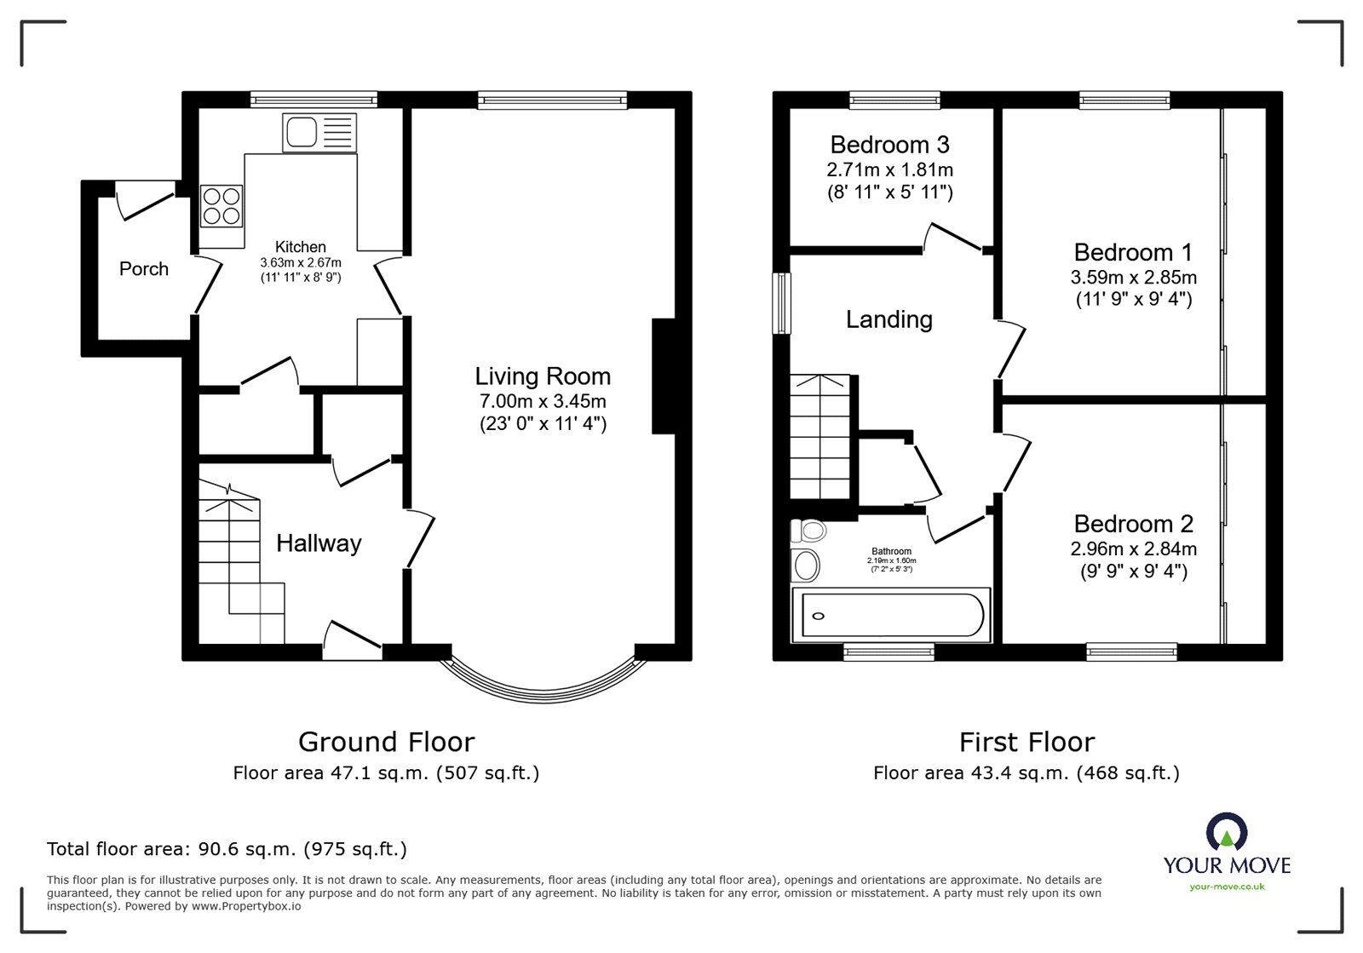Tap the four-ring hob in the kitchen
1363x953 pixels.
point(221,205)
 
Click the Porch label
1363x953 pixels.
point(143,269)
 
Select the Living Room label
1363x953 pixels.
point(543,376)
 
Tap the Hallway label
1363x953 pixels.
point(319,543)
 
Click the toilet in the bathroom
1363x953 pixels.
point(809,531)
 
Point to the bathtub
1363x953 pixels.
point(890,615)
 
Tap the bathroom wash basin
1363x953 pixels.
point(805,564)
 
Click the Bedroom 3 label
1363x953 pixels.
point(889,145)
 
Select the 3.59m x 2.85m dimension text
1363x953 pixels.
point(1133,278)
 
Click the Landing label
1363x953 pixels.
point(889,319)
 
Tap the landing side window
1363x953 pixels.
point(780,303)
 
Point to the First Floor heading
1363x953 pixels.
point(1026,742)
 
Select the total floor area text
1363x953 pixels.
point(227,849)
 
